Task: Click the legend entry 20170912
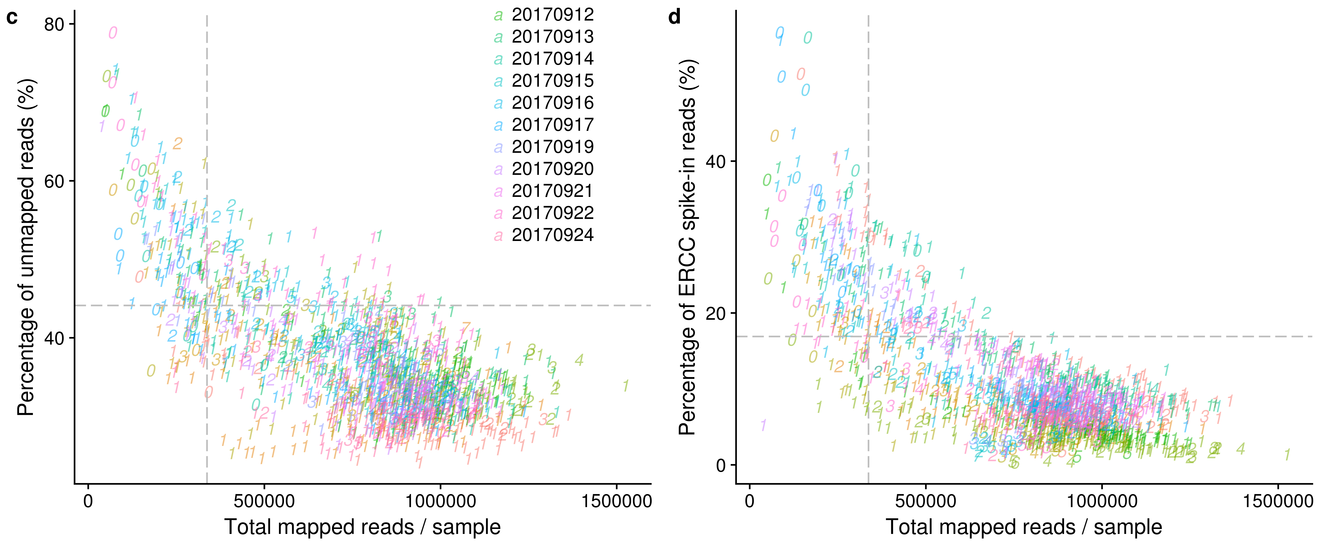[552, 15]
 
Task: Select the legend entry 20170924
[552, 235]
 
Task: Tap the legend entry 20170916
[552, 103]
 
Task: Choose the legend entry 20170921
[552, 191]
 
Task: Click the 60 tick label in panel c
[53, 181]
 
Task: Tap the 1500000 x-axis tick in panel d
[1278, 501]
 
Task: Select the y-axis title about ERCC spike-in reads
[687, 246]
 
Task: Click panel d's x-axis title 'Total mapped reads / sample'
[1023, 527]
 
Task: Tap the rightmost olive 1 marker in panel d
[1287, 455]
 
